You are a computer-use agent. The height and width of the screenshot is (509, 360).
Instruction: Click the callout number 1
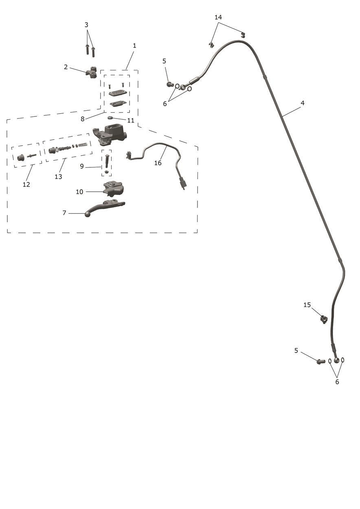pyautogui.click(x=134, y=46)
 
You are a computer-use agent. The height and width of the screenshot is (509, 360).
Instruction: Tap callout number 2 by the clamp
pyautogui.click(x=66, y=67)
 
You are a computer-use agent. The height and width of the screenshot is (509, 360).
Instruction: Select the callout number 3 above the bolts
pyautogui.click(x=86, y=25)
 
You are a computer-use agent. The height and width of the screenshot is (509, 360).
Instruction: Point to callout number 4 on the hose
pyautogui.click(x=303, y=103)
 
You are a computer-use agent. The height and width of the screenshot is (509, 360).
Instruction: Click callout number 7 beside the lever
pyautogui.click(x=64, y=213)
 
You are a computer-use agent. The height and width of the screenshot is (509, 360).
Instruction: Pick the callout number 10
pyautogui.click(x=79, y=192)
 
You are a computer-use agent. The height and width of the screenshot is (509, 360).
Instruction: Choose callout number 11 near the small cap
pyautogui.click(x=131, y=120)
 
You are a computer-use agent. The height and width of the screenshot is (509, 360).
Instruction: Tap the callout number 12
pyautogui.click(x=26, y=184)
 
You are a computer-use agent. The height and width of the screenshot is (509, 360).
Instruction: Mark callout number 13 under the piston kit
pyautogui.click(x=58, y=177)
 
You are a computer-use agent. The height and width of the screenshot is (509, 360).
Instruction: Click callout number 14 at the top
pyautogui.click(x=218, y=17)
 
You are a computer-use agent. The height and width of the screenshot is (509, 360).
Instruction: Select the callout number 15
pyautogui.click(x=307, y=305)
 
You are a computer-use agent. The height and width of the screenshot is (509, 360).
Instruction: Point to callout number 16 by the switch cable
pyautogui.click(x=158, y=163)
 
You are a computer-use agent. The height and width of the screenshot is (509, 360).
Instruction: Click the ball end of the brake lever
pyautogui.click(x=88, y=214)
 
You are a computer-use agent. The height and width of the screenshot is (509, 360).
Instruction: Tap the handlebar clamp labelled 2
pyautogui.click(x=92, y=72)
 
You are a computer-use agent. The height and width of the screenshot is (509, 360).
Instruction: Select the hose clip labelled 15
pyautogui.click(x=324, y=320)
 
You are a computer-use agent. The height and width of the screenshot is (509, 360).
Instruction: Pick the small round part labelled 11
pyautogui.click(x=110, y=118)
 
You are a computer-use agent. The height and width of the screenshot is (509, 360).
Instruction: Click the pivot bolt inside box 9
pyautogui.click(x=107, y=161)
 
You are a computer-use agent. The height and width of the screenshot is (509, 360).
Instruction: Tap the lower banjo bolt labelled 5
pyautogui.click(x=320, y=361)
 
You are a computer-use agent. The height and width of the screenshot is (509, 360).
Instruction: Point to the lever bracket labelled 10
pyautogui.click(x=114, y=189)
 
